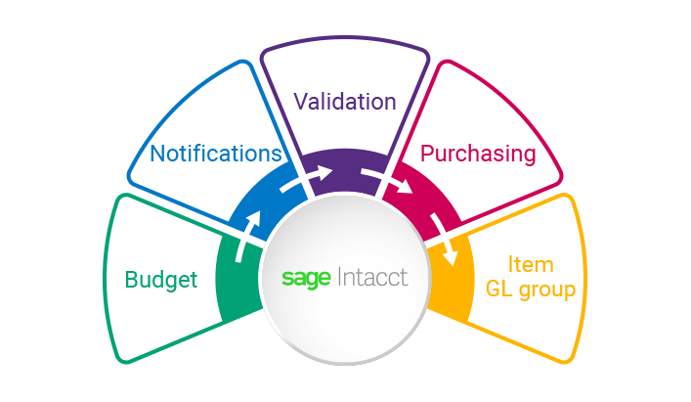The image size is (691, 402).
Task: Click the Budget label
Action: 161,280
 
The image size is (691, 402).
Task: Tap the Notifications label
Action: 216,154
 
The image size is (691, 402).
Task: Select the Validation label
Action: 345,102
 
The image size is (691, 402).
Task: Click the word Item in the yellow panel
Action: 531,265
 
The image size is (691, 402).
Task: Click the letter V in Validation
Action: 300,102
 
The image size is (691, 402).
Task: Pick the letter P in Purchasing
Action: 426,154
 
